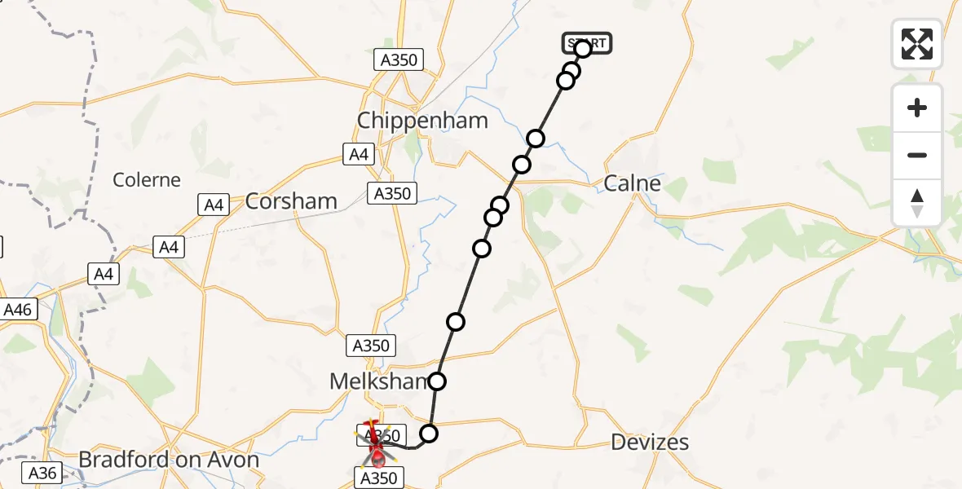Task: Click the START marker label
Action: pos(587,43)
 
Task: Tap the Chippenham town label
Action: pos(422,121)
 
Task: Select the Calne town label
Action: pos(632,183)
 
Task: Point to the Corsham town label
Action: pos(291,201)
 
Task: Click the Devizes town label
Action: pos(650,443)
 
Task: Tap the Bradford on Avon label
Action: pos(169,460)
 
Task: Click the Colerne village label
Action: pos(147,180)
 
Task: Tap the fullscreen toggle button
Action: pos(917,44)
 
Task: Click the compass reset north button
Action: pos(917,203)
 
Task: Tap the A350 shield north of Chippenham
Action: pos(397,59)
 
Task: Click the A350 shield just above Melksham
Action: pos(370,345)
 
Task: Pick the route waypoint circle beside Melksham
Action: pos(438,381)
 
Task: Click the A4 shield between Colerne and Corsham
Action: pos(214,205)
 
